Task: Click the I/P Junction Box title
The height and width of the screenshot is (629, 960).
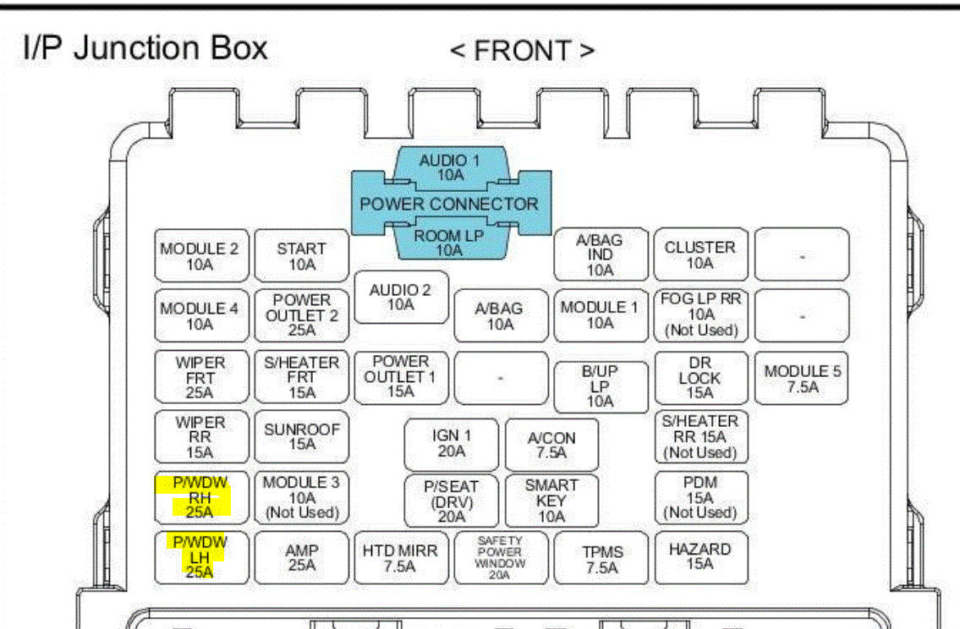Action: [145, 49]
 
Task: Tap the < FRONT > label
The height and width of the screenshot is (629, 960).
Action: [522, 51]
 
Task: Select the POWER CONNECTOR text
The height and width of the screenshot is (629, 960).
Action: [449, 205]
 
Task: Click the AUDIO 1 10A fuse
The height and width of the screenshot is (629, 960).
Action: [450, 167]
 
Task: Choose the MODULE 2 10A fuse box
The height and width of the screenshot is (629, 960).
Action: [200, 256]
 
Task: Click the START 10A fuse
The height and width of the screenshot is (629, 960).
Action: [301, 256]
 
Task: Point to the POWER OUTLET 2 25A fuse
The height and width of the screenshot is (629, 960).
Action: [301, 315]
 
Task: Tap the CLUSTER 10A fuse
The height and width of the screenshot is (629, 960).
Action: [700, 255]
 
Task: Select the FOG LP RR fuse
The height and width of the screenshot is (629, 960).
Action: [700, 314]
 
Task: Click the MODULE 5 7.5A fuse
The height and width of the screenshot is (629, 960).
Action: [802, 378]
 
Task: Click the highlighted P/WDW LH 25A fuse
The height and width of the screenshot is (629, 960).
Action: [200, 557]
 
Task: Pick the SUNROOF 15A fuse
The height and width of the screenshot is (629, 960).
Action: [301, 436]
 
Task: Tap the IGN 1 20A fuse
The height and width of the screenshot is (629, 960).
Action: [452, 444]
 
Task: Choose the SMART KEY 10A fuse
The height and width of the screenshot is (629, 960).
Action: [551, 500]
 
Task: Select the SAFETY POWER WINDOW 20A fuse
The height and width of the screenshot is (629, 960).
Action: [500, 557]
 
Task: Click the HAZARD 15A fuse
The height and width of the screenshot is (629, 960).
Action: [700, 557]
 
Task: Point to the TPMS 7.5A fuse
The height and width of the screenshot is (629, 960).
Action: [602, 559]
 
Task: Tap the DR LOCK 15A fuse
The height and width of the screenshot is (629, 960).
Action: [700, 378]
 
